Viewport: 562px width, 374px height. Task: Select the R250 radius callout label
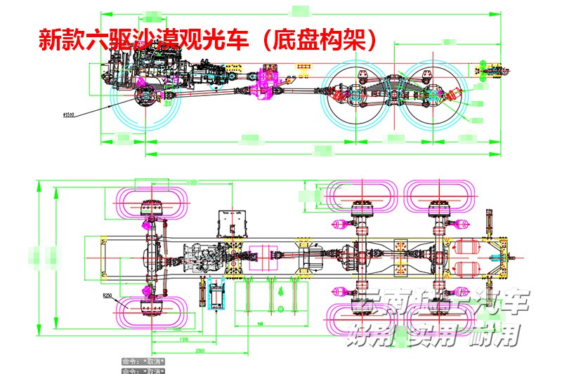coord(107,297)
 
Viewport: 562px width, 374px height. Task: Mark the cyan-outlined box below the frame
coord(216,294)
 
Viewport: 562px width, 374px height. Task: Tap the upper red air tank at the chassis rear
coord(467,248)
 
